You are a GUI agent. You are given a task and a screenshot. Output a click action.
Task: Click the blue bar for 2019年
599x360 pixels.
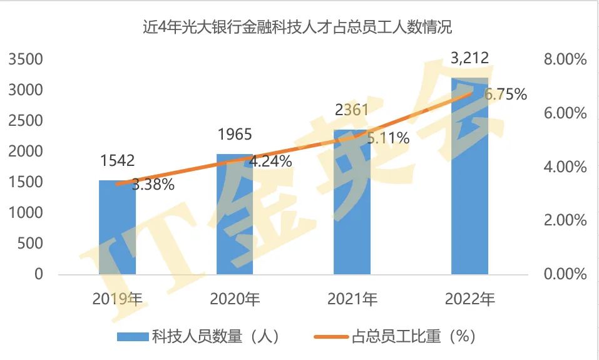[117, 229]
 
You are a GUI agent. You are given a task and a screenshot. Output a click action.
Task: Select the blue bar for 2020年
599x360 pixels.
[235, 216]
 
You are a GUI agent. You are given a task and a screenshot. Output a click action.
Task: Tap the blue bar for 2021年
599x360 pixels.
[352, 203]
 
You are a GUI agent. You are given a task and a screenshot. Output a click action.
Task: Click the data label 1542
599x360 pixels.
[117, 161]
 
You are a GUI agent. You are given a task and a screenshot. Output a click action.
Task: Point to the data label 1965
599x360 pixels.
[235, 134]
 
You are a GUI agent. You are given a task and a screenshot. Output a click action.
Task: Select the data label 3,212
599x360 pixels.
[469, 59]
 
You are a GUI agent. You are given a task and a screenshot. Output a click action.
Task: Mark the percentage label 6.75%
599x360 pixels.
[506, 95]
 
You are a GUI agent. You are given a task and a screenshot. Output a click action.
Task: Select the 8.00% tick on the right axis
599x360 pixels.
[565, 60]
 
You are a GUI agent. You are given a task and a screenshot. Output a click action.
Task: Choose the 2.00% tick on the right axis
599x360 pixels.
[565, 221]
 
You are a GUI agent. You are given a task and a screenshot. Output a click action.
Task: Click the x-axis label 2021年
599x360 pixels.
[352, 299]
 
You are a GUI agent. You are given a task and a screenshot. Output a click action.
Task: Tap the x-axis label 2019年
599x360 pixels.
[118, 299]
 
